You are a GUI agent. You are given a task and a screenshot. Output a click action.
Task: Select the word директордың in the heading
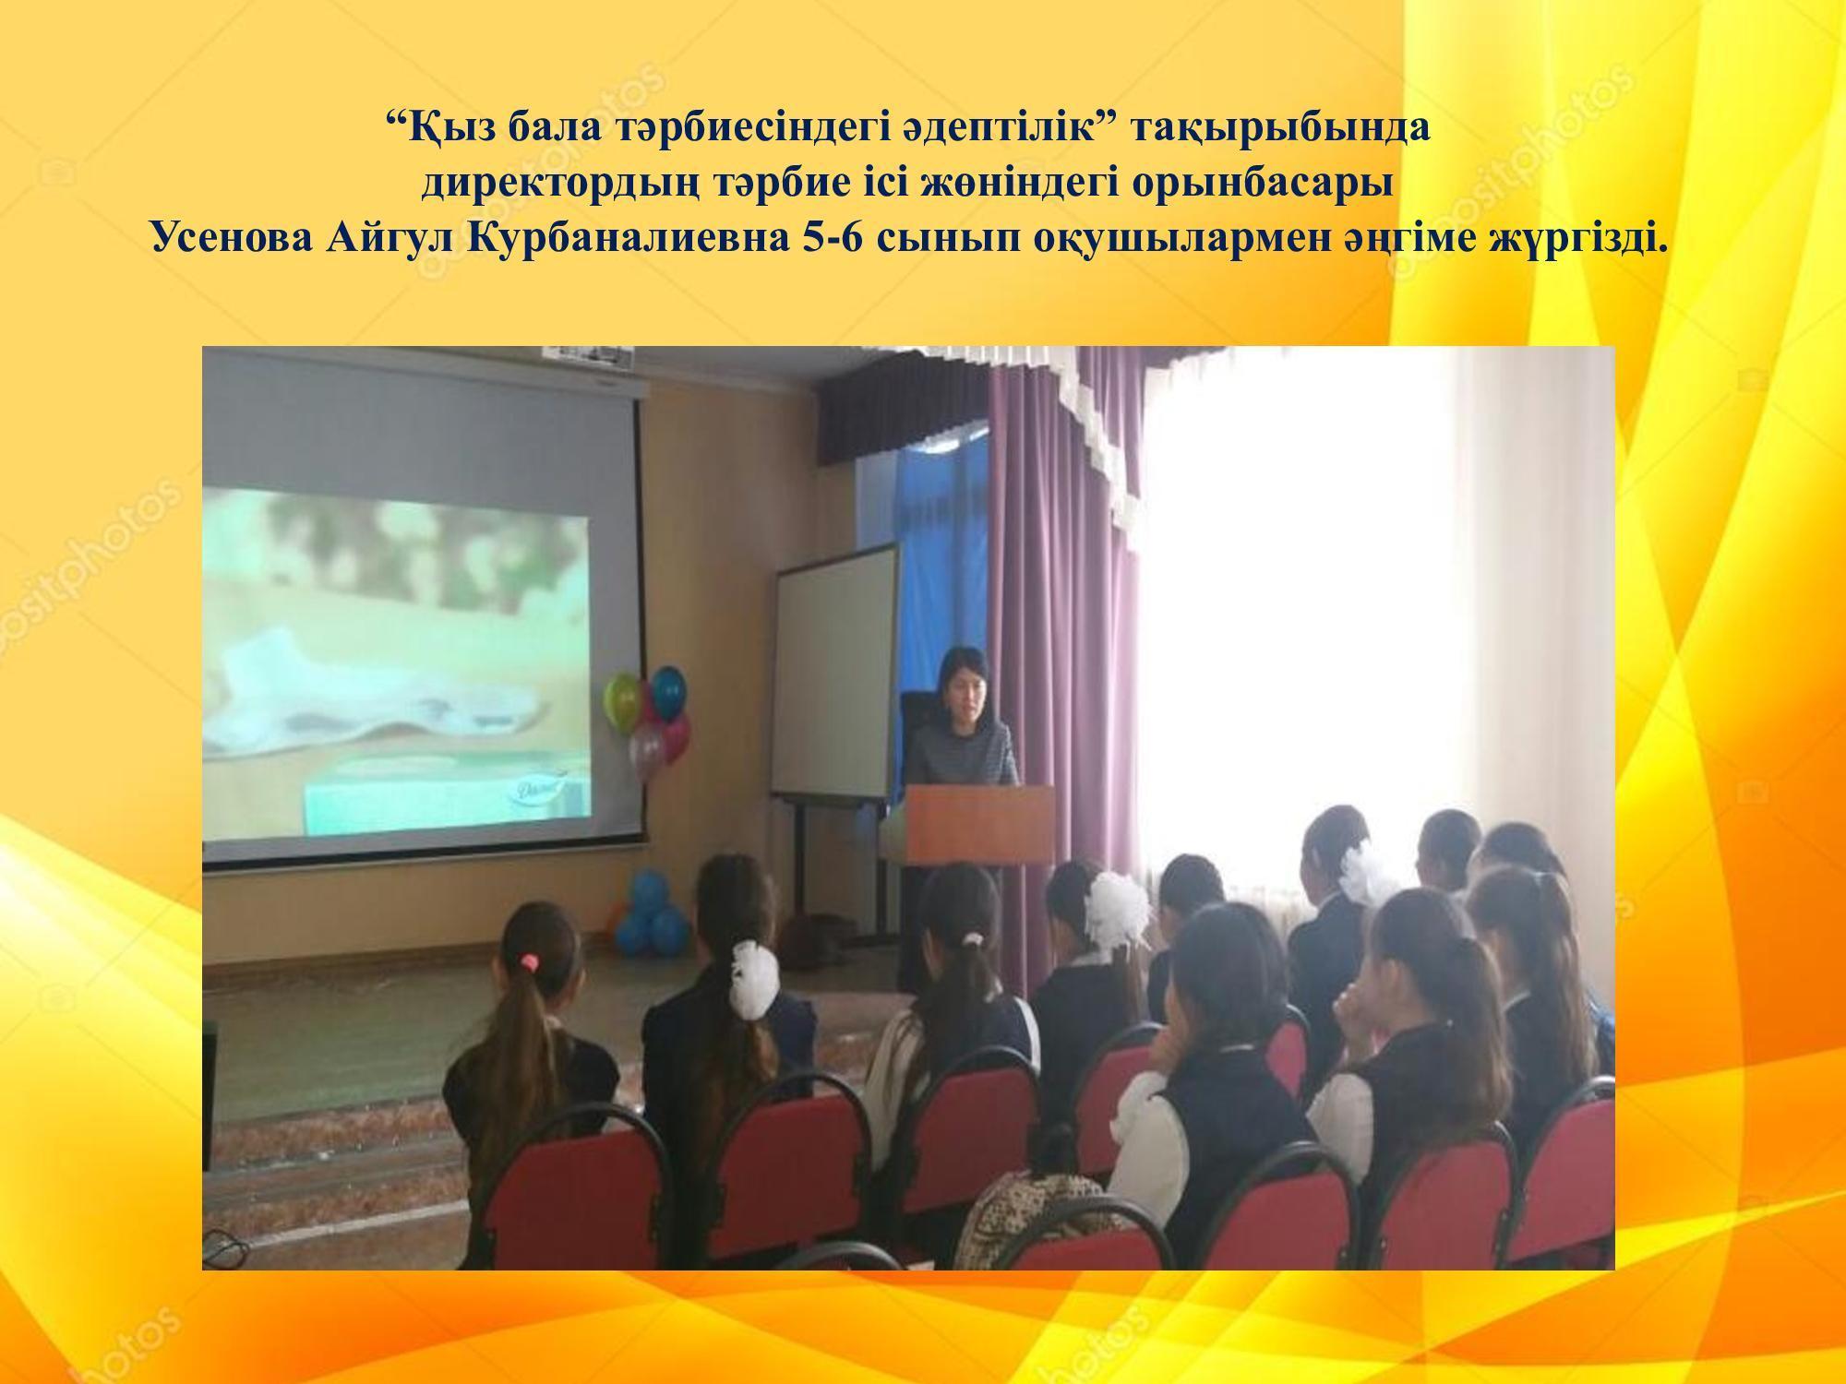tap(562, 184)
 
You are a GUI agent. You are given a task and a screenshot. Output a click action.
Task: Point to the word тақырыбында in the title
tap(1279, 128)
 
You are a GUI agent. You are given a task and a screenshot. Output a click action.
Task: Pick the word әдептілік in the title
tap(965, 128)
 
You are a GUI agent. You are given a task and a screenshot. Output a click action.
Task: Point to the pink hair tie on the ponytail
tap(528, 961)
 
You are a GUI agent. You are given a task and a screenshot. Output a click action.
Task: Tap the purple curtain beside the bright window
tap(1071, 591)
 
